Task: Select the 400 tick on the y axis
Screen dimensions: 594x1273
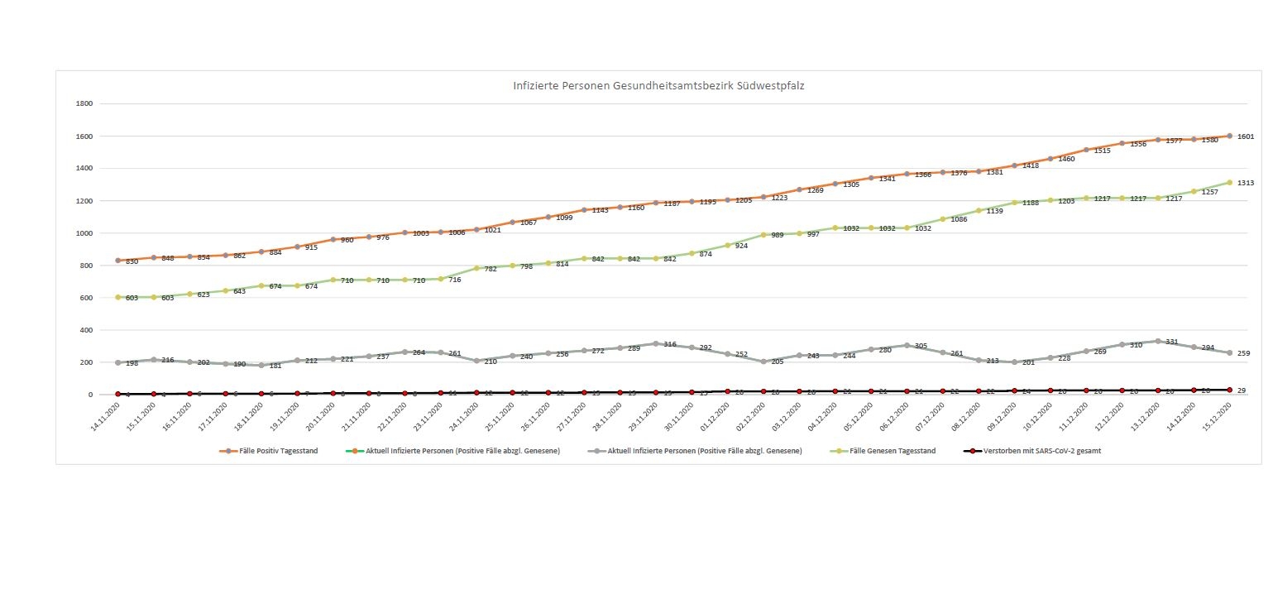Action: [x=85, y=330]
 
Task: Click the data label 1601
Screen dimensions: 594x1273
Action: [x=1247, y=137]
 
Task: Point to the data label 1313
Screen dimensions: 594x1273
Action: [x=1247, y=183]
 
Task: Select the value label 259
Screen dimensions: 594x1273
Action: [x=1243, y=354]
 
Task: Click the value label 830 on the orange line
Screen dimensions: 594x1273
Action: [x=132, y=261]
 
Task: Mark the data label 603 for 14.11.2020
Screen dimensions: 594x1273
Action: [x=132, y=298]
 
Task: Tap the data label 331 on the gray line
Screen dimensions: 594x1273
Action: [x=1171, y=343]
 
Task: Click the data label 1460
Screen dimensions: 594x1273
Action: [x=1066, y=159]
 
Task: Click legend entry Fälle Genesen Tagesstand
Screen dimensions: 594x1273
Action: [x=890, y=451]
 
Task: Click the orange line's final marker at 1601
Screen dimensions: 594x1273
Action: [x=1230, y=136]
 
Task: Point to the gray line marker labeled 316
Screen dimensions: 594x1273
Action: [x=656, y=343]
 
